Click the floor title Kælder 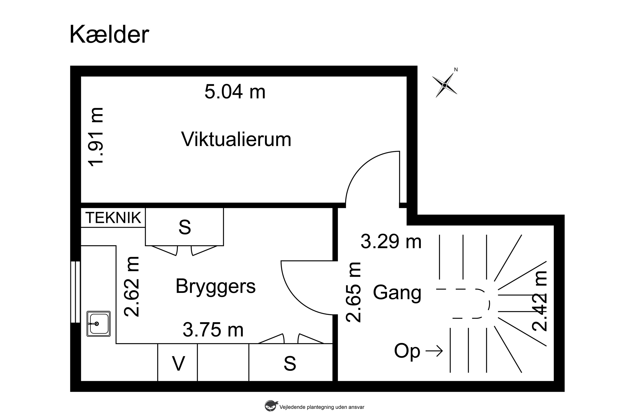(x=109, y=35)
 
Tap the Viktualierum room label (x=236, y=140)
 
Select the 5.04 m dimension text (x=235, y=92)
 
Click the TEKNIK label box (x=113, y=218)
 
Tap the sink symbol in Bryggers (x=98, y=324)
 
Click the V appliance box (x=178, y=364)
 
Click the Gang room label (x=397, y=293)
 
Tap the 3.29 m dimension (x=391, y=242)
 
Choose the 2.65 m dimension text (x=353, y=292)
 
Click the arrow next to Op (x=434, y=351)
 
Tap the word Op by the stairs (x=407, y=351)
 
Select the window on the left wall (x=76, y=292)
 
